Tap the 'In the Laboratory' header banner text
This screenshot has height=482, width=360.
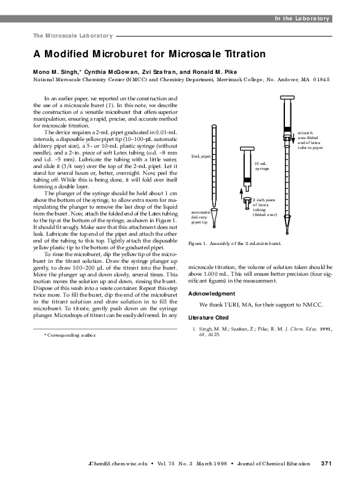point(302,18)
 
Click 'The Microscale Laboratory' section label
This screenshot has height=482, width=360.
point(73,35)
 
